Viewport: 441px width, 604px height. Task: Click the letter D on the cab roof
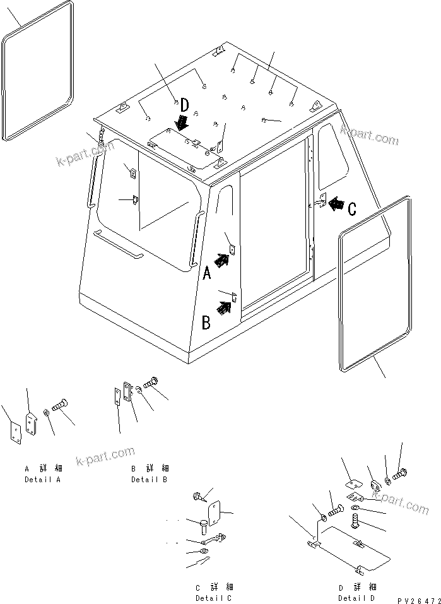(184, 105)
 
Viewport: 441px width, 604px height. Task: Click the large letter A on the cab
(207, 273)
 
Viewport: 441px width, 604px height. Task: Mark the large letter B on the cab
(206, 323)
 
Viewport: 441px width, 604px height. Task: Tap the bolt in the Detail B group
(151, 382)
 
